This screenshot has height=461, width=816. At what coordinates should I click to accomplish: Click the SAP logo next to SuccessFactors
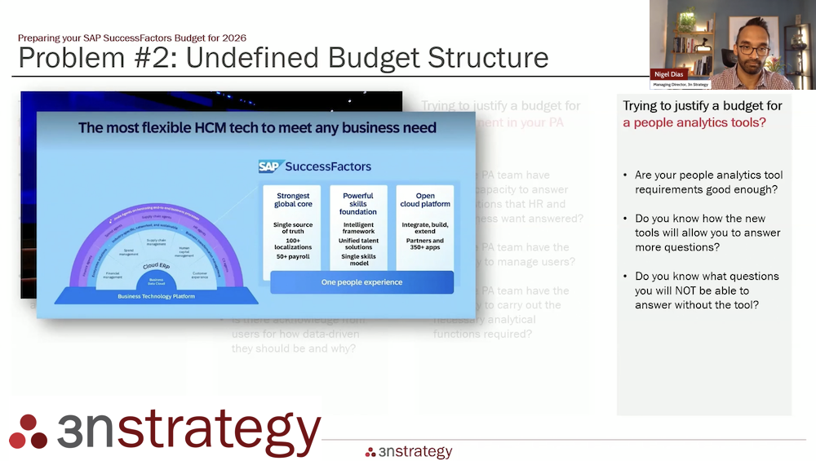coord(269,166)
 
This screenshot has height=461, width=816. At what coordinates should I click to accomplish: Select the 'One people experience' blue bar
coord(361,282)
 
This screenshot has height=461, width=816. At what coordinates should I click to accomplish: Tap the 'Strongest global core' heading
coord(293,201)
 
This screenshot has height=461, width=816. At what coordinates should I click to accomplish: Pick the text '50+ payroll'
coord(293,257)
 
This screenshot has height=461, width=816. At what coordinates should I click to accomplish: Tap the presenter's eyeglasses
coord(753,50)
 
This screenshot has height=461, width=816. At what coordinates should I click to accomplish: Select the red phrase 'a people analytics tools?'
coord(694,123)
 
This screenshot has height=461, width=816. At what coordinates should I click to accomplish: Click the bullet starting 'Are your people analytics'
coord(707,182)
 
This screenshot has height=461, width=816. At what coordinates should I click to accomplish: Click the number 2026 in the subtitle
coord(233,38)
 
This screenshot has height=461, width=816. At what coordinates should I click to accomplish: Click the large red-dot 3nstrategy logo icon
coord(28,431)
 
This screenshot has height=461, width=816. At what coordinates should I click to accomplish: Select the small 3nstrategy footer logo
coord(409,452)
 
